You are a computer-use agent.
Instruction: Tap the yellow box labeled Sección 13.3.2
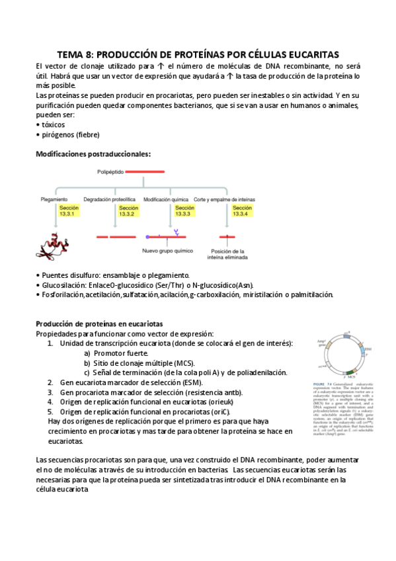coord(127,211)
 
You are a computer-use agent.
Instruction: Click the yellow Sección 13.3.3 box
coord(184,211)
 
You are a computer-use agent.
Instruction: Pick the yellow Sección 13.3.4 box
coord(241,211)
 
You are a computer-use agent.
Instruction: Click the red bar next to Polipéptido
coord(144,172)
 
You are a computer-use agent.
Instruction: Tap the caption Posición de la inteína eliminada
coord(228,255)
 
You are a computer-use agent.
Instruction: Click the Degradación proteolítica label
coord(109,198)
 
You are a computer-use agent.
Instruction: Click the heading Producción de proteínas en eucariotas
coord(99,324)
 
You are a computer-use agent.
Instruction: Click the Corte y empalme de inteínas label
coord(224,198)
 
